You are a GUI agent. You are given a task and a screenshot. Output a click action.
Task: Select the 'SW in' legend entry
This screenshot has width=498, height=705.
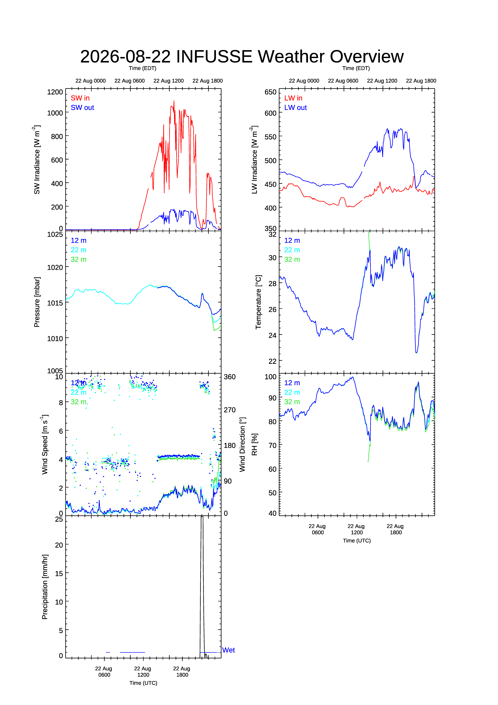point(80,98)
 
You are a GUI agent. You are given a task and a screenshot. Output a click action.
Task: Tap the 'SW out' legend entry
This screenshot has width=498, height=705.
point(82,108)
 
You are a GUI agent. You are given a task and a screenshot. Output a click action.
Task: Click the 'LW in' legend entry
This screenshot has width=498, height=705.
point(293,98)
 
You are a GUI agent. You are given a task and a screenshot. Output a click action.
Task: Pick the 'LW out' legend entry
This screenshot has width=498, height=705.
point(295,108)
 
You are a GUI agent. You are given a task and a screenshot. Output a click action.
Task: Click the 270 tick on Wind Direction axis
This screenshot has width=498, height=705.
point(230,410)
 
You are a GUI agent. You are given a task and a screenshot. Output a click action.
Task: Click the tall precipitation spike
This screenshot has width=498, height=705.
point(202,583)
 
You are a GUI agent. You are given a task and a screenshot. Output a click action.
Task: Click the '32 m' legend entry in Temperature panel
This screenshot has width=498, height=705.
point(292,259)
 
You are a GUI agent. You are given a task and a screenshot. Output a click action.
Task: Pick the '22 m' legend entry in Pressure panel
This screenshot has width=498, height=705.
point(79,250)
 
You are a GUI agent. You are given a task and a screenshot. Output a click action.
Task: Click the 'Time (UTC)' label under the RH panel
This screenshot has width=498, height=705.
point(357,541)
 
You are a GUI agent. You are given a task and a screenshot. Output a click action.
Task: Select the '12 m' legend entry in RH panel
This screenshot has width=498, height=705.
point(292,383)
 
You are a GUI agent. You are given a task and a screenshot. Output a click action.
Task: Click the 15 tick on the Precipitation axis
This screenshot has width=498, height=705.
point(59,574)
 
